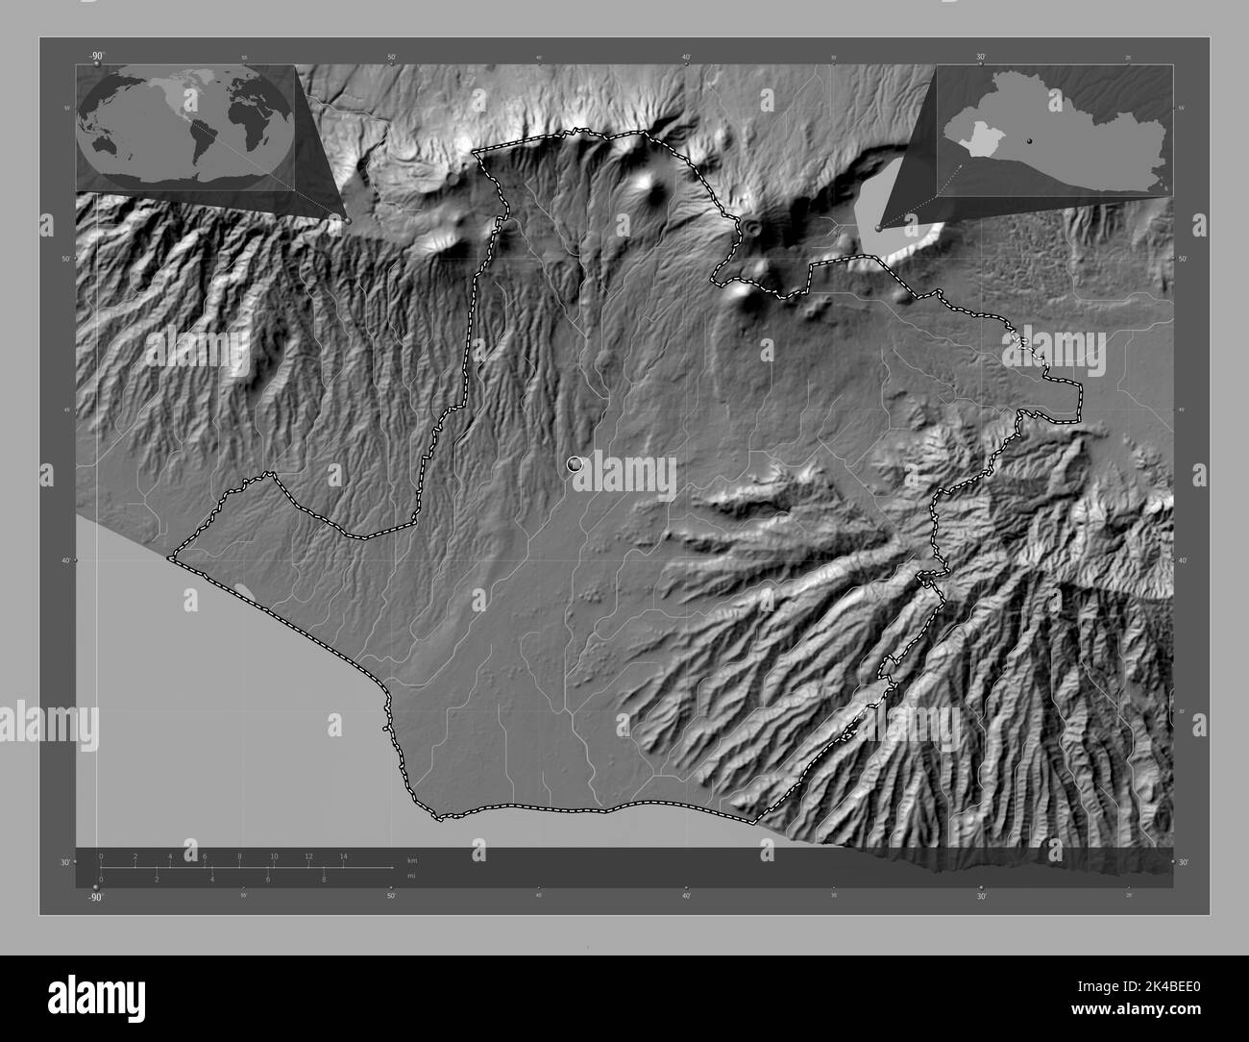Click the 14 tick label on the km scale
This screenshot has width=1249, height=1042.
(x=343, y=856)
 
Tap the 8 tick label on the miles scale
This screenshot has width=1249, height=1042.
(x=324, y=879)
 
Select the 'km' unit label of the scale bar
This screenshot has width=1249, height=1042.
(x=412, y=859)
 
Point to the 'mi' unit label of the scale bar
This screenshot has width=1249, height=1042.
(x=411, y=876)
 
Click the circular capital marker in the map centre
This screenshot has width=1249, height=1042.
(x=575, y=464)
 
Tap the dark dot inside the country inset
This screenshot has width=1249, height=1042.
(x=1029, y=140)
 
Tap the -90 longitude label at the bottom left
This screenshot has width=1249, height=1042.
(x=94, y=897)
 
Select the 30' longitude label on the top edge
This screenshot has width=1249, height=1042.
(x=980, y=58)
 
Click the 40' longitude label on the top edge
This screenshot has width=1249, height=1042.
(x=686, y=58)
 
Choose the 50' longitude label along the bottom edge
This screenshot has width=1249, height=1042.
(x=391, y=897)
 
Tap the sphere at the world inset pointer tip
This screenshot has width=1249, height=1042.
(x=348, y=220)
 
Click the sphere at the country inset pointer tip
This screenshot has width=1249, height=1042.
(x=879, y=228)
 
